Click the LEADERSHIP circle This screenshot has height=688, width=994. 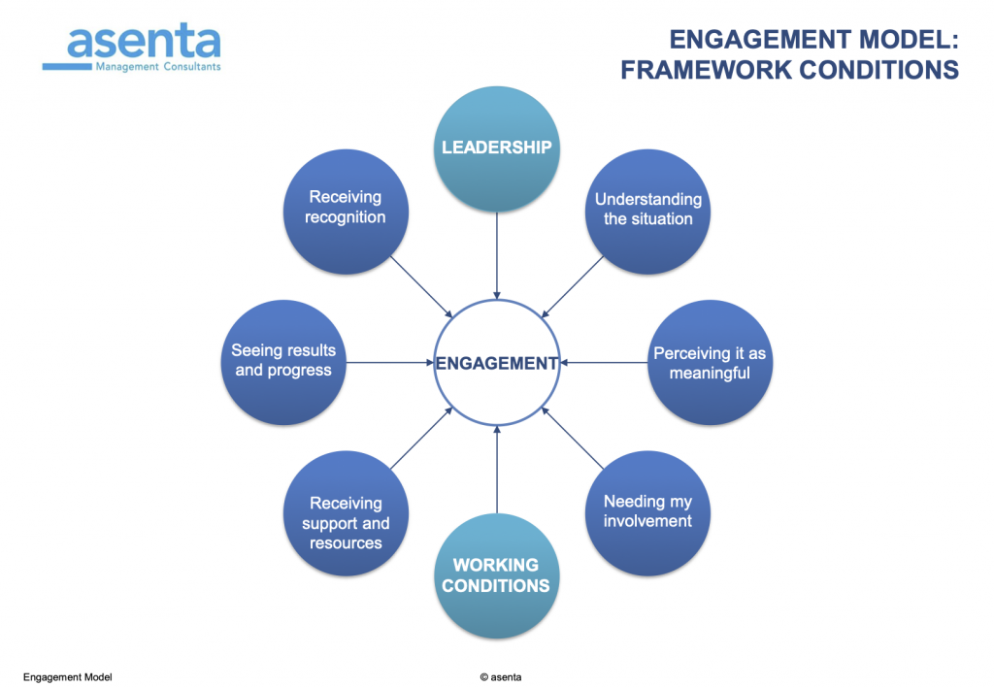[497, 147]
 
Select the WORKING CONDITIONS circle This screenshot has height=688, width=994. [497, 575]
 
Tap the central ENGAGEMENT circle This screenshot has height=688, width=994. [497, 363]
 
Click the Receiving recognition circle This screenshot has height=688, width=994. [346, 209]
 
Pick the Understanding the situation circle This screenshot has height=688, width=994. [647, 210]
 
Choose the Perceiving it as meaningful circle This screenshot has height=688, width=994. [710, 363]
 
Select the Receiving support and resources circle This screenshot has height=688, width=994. [346, 522]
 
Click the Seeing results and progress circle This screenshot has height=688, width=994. [283, 361]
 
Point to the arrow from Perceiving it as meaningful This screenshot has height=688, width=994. [604, 363]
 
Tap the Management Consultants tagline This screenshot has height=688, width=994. [157, 67]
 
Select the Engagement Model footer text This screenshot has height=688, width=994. [67, 676]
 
